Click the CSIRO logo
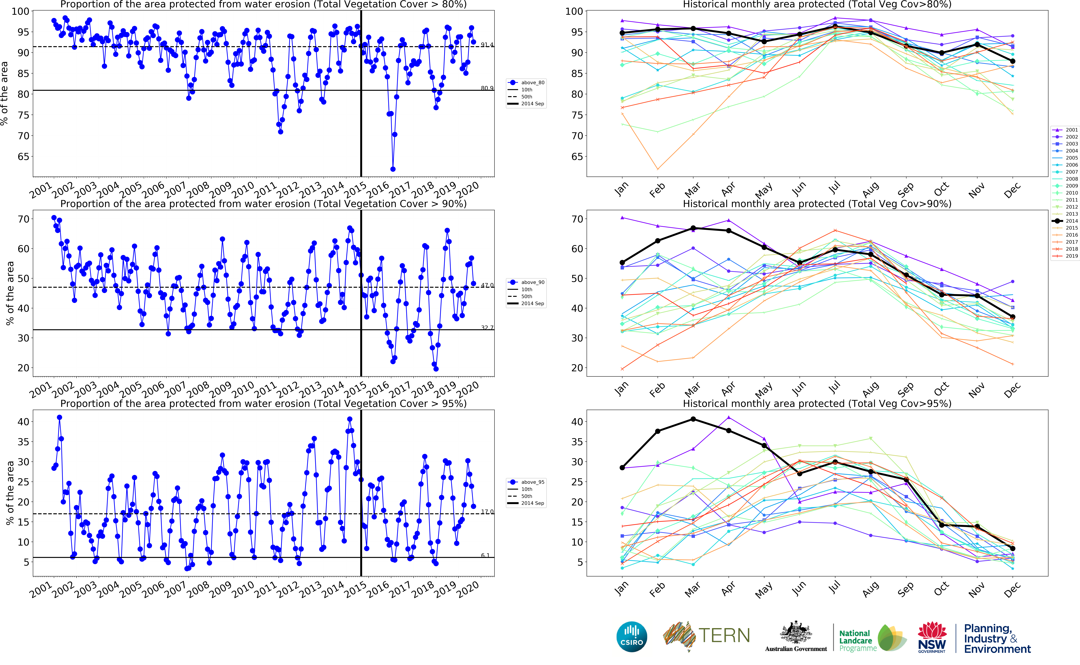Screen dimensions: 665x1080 tap(632, 637)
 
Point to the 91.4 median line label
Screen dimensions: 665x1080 tap(487, 45)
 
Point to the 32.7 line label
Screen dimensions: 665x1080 tap(487, 328)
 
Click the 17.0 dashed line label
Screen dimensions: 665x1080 tap(487, 512)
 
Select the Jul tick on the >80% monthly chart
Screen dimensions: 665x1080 tap(835, 188)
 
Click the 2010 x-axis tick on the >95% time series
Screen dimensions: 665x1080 tap(243, 589)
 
